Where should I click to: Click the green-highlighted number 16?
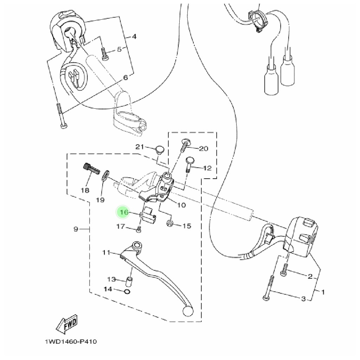(x=124, y=212)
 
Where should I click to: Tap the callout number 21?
(x=140, y=147)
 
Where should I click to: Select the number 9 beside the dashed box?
(x=76, y=230)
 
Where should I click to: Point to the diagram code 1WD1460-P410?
(x=70, y=341)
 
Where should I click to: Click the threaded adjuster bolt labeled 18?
(x=90, y=170)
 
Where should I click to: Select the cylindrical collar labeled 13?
(x=129, y=282)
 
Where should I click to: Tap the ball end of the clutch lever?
(x=188, y=311)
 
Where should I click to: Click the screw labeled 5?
(x=104, y=53)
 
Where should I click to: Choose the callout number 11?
(x=107, y=252)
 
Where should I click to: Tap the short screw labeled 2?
(x=284, y=269)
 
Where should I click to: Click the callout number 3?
(x=303, y=299)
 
